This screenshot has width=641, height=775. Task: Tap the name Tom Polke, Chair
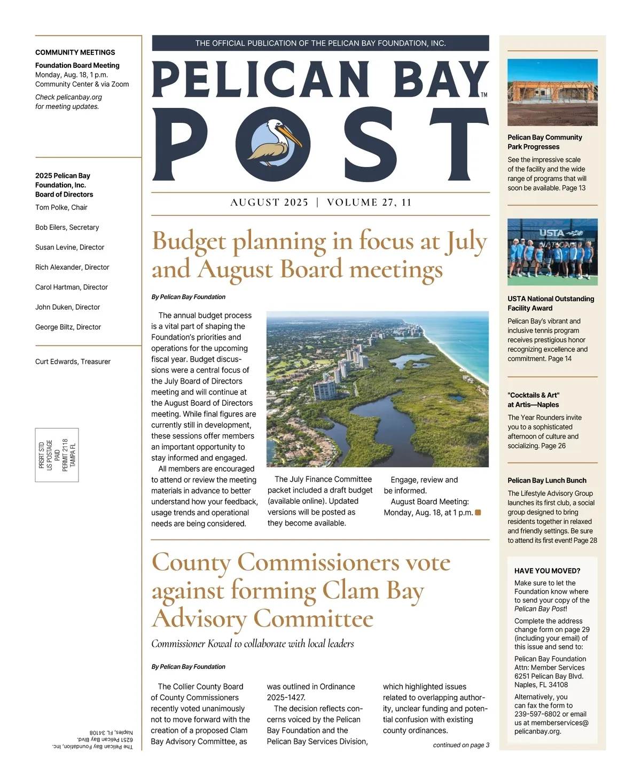coord(61,207)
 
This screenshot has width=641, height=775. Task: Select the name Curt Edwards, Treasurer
coord(73,362)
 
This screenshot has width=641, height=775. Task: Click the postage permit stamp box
coord(57,455)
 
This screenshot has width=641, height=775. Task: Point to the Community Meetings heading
coord(75,52)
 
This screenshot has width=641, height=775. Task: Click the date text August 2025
coord(269,202)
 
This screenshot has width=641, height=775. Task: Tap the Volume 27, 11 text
coord(369,202)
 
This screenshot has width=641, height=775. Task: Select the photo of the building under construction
coord(552,92)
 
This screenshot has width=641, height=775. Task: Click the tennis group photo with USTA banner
coord(552,252)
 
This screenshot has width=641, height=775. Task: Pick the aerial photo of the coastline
coord(377,389)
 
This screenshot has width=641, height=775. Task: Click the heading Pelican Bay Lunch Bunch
coord(547,480)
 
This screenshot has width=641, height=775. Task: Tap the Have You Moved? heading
coord(547,570)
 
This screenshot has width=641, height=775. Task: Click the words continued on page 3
coord(461,745)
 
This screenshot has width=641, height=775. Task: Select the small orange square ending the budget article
coord(478,513)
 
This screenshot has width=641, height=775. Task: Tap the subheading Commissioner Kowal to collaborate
coord(253,644)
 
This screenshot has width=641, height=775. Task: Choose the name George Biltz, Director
coord(68,327)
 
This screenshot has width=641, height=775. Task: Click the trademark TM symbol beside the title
coord(484,95)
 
